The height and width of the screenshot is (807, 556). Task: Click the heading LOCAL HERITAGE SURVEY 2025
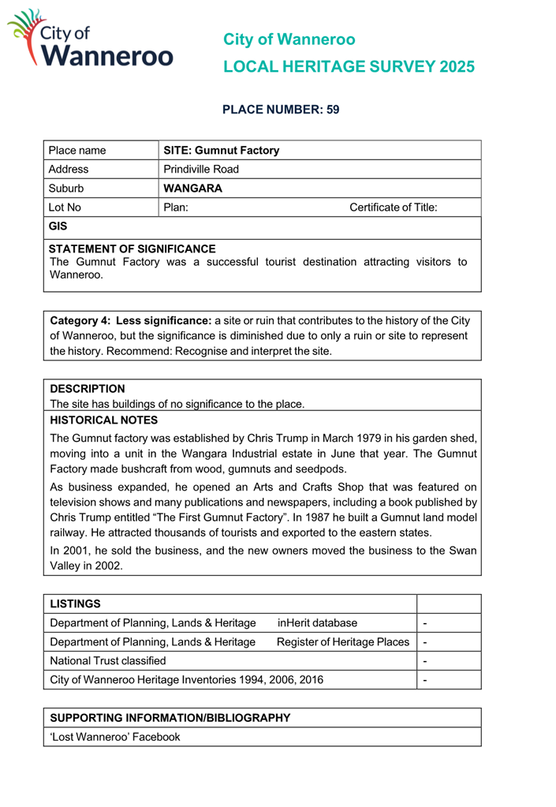(349, 67)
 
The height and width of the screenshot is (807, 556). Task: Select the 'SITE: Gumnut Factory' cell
(220, 150)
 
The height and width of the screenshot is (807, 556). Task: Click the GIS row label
(58, 227)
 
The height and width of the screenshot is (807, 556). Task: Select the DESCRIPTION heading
(88, 389)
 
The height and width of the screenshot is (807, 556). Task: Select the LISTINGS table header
(75, 604)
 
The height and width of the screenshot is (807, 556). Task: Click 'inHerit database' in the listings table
(317, 624)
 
